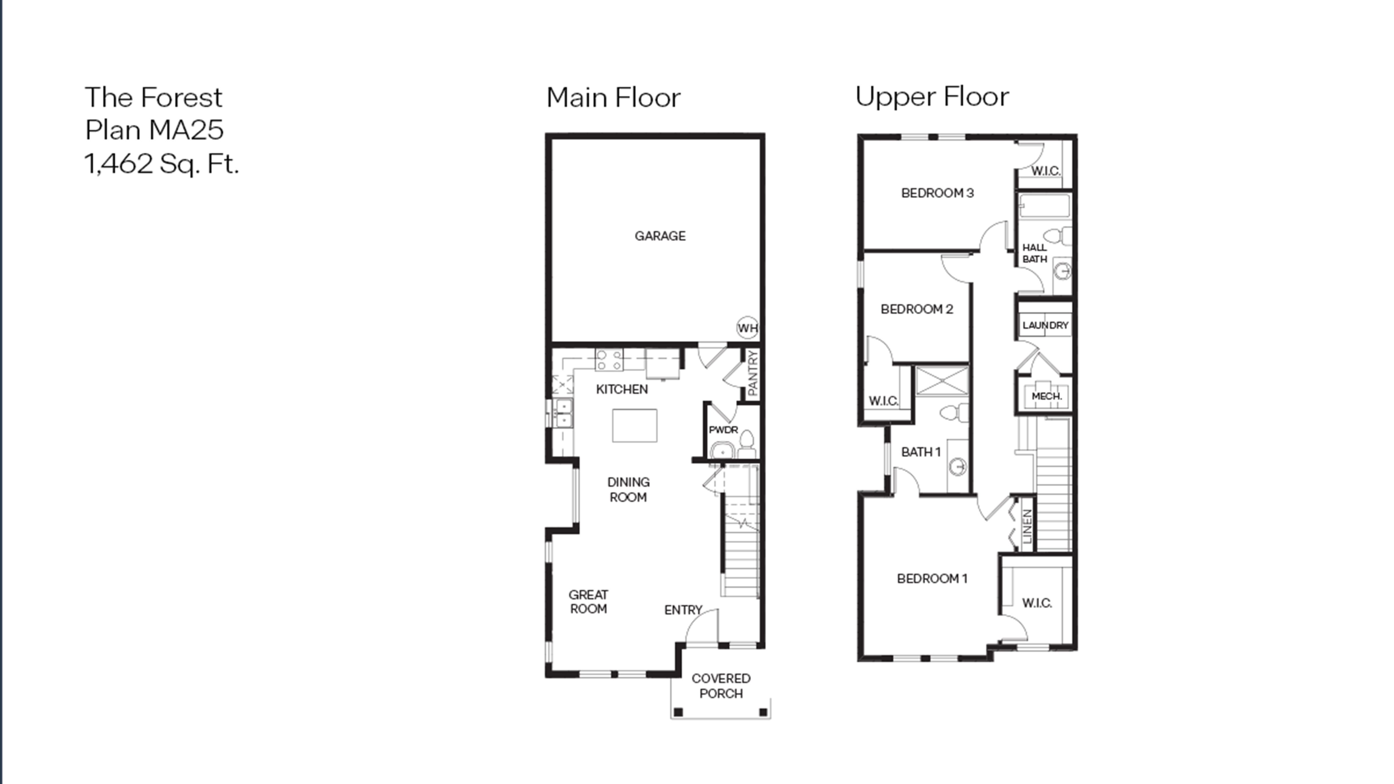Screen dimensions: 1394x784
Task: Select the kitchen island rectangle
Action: pyautogui.click(x=635, y=426)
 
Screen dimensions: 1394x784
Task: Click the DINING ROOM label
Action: pyautogui.click(x=628, y=490)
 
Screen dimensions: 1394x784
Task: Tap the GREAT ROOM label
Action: pyautogui.click(x=588, y=602)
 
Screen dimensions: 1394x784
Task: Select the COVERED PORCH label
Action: pyautogui.click(x=721, y=686)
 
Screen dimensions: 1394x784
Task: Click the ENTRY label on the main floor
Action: pyautogui.click(x=683, y=610)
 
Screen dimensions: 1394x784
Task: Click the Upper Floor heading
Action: pyautogui.click(x=932, y=97)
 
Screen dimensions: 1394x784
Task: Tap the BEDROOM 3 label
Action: pyautogui.click(x=937, y=193)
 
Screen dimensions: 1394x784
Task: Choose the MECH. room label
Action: pyautogui.click(x=1047, y=396)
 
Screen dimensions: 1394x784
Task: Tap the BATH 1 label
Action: pyautogui.click(x=921, y=452)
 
